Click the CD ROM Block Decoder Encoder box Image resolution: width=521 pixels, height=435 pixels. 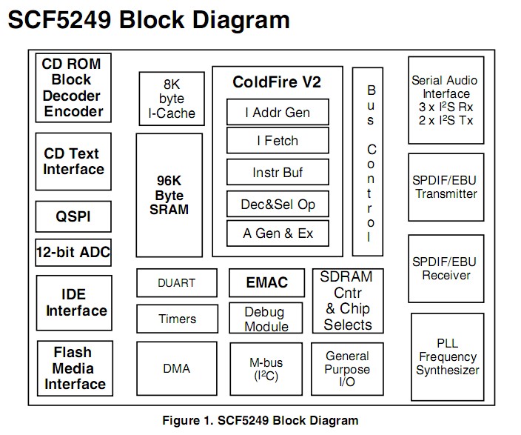click(x=73, y=87)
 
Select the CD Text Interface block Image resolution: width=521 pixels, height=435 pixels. click(x=73, y=162)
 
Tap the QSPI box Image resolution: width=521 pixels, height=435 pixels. click(x=73, y=216)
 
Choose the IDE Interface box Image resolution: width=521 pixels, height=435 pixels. click(x=73, y=302)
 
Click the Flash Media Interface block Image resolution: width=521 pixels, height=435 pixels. click(x=73, y=368)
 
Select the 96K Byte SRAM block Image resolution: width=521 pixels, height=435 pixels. click(x=169, y=194)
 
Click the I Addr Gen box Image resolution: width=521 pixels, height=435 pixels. click(x=277, y=113)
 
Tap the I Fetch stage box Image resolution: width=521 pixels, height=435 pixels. click(x=277, y=141)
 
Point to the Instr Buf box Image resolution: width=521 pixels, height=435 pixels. click(x=277, y=173)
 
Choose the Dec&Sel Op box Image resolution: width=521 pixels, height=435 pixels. click(x=277, y=204)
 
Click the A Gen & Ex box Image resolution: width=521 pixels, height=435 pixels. click(x=277, y=234)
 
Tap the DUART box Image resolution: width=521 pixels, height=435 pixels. click(x=177, y=282)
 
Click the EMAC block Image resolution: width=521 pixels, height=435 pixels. click(x=266, y=282)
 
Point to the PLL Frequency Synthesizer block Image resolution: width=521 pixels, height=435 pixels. click(x=447, y=357)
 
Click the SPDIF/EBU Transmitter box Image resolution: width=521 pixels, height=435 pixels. click(x=446, y=187)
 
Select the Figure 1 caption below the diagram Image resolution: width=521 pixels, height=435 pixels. click(x=260, y=420)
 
